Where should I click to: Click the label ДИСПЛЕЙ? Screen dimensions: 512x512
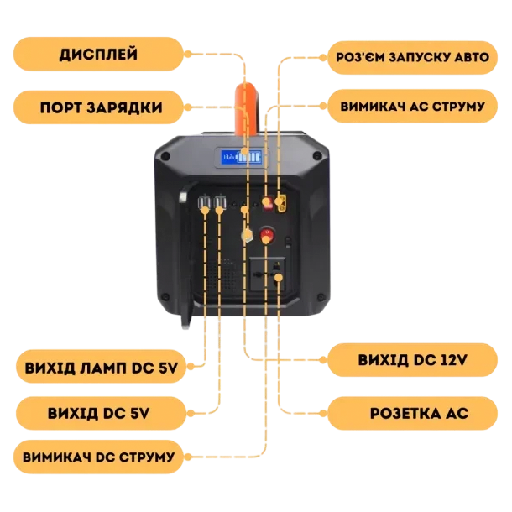click(98, 55)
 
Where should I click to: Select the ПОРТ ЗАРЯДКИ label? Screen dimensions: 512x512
click(100, 107)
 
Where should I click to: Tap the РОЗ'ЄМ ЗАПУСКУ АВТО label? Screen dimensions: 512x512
click(410, 56)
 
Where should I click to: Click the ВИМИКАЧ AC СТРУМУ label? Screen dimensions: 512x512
click(412, 107)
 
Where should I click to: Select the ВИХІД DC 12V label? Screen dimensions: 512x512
click(412, 361)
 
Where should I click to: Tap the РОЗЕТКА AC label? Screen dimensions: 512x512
click(412, 414)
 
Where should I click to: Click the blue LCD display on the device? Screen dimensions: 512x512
click(239, 157)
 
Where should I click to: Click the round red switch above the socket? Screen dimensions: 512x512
click(268, 234)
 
